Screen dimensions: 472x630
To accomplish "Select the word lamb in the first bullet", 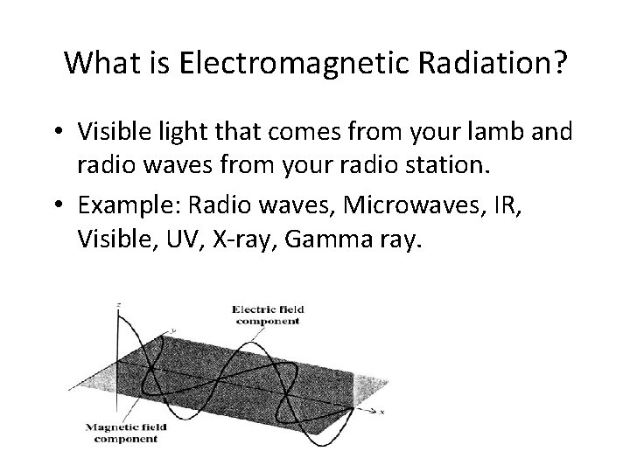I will click(495, 132).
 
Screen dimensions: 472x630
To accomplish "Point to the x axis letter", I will click(383, 409).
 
